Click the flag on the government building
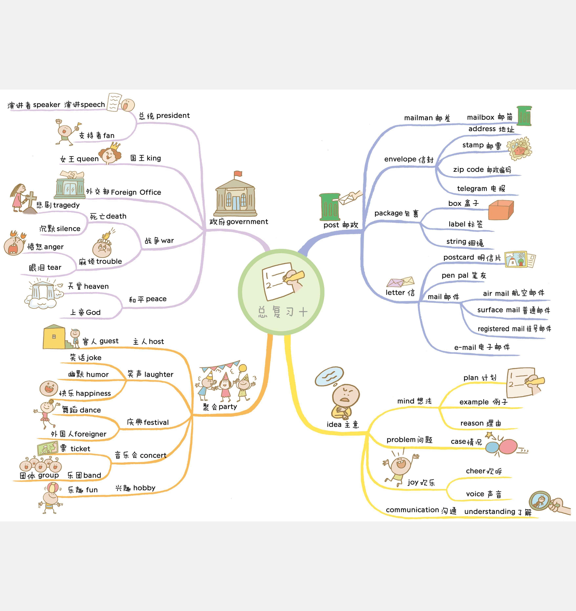(x=238, y=174)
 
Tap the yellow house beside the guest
(x=54, y=337)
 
